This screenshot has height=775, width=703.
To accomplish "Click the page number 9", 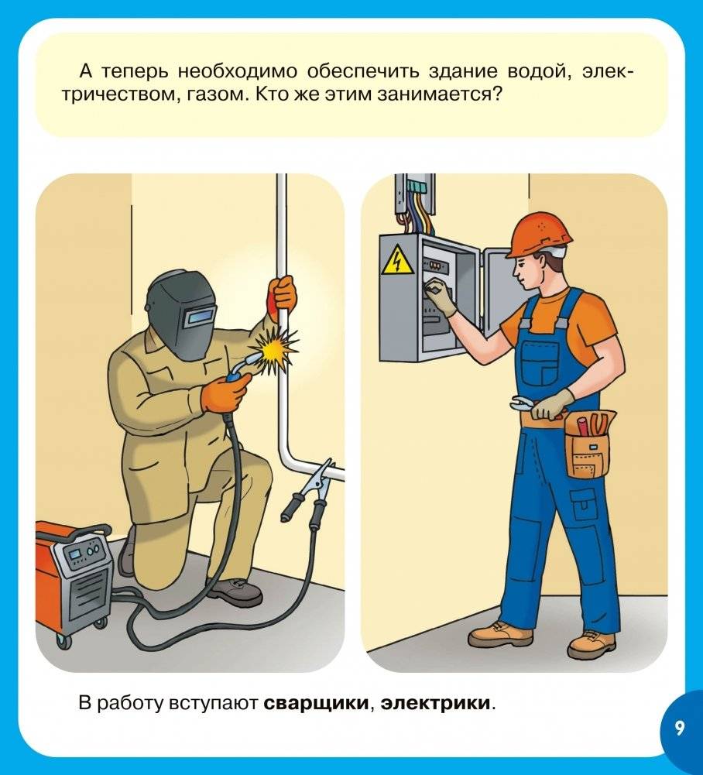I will click(679, 729).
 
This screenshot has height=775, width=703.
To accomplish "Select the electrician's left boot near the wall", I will click(500, 633).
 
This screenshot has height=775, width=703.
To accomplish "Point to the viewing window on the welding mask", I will click(203, 315).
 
